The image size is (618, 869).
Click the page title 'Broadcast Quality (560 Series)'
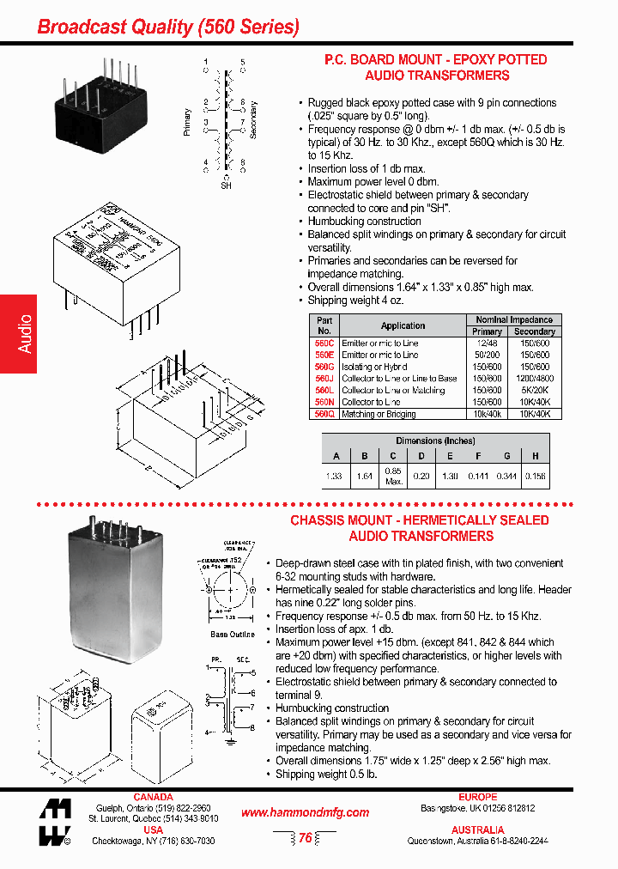[168, 27]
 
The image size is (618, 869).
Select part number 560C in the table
[324, 343]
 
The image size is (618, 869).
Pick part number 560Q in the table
[324, 414]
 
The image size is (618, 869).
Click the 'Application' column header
[403, 325]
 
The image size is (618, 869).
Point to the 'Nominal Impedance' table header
[514, 319]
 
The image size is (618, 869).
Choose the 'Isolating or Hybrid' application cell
[374, 367]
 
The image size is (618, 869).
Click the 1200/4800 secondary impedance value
[535, 379]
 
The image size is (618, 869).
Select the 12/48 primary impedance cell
[487, 343]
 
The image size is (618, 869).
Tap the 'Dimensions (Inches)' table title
[443, 441]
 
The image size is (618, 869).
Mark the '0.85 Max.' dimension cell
[393, 476]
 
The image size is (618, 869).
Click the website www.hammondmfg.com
[305, 812]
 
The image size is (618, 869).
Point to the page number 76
[305, 839]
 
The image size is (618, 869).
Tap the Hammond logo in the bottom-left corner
[54, 823]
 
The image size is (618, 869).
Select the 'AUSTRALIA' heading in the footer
[477, 830]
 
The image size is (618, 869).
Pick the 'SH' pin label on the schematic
[227, 185]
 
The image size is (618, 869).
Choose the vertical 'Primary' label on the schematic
[187, 122]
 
